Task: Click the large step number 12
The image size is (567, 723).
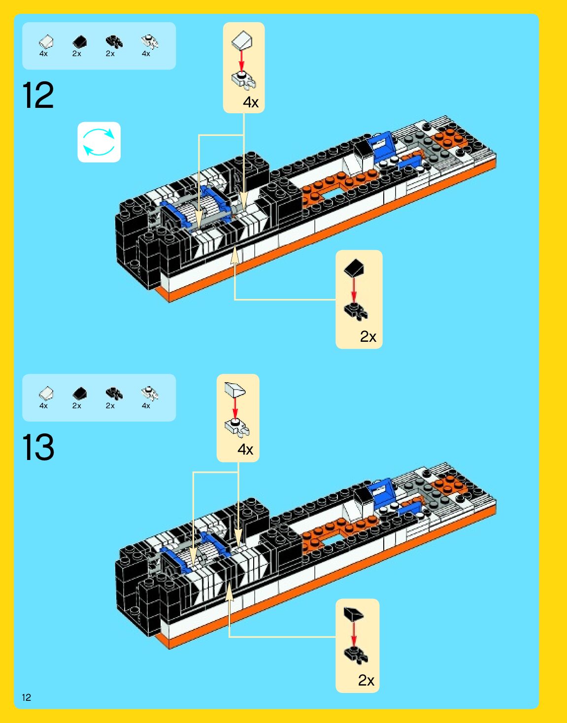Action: tap(38, 96)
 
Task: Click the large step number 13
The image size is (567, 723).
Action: tap(38, 447)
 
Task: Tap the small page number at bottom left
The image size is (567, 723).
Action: tap(26, 697)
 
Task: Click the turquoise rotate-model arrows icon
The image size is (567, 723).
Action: tap(99, 142)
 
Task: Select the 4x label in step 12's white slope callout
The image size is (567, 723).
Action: tap(250, 102)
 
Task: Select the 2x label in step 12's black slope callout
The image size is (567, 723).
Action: tap(368, 337)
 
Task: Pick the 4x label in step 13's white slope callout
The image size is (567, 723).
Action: tap(245, 450)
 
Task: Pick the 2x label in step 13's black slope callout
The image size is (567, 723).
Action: tap(366, 681)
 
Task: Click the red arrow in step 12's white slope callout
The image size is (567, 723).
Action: tap(241, 60)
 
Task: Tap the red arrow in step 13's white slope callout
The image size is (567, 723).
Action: tap(235, 407)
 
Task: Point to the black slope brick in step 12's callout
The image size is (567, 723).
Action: tap(354, 268)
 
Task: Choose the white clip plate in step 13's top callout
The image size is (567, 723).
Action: tap(237, 427)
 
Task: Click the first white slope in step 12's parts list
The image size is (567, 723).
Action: tap(46, 42)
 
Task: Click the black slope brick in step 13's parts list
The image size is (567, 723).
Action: tap(79, 394)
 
